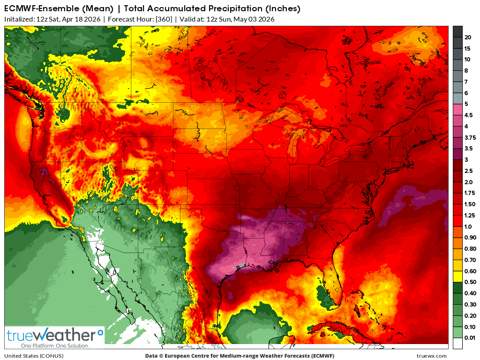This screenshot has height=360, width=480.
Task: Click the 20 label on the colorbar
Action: point(467,37)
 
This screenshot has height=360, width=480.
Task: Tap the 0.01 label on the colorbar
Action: point(470,337)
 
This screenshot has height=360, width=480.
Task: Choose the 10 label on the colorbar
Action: point(467,60)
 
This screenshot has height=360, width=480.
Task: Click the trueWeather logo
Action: point(54,336)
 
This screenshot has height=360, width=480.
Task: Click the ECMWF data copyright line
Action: point(240,356)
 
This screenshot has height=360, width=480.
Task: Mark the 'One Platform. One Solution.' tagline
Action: point(48,345)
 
